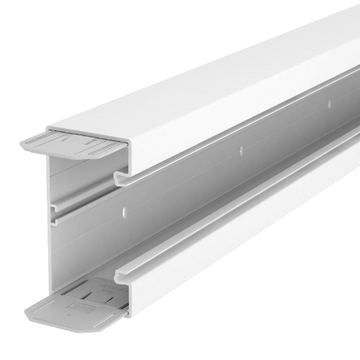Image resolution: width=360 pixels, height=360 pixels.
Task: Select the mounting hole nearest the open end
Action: click(125, 212)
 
